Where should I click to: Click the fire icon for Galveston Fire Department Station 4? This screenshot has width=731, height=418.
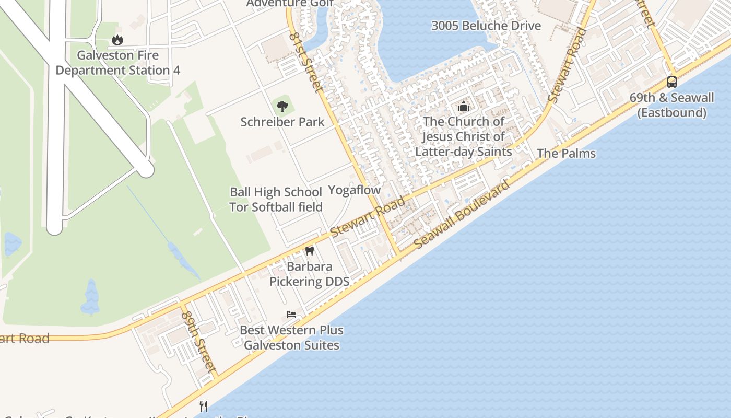pos(117,40)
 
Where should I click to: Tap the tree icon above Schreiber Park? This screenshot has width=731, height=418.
pos(282,107)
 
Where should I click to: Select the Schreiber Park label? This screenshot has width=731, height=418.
pos(282,122)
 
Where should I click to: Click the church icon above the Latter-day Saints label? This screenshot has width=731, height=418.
pos(463,107)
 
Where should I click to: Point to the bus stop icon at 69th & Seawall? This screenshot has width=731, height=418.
pos(671,82)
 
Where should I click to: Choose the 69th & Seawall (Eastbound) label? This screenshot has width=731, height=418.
pos(671,105)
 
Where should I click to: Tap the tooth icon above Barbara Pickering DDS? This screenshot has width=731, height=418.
pos(309,251)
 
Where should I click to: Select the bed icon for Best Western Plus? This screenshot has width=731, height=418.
pos(291,315)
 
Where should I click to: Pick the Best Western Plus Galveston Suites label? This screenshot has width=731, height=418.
pos(291,338)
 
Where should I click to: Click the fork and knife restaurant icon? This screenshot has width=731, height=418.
pos(204,406)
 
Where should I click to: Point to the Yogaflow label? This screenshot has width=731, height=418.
pos(355,190)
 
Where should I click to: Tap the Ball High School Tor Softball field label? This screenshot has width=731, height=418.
pos(276,200)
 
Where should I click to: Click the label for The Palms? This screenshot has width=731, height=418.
pos(566,154)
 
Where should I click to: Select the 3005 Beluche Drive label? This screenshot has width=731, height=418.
pos(486,26)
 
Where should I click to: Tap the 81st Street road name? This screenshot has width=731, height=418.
pos(306,62)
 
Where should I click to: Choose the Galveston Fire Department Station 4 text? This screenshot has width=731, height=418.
pos(118,63)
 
